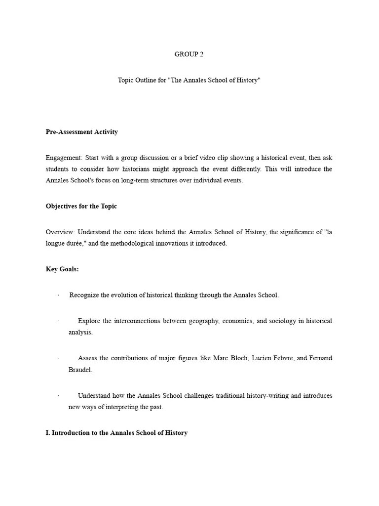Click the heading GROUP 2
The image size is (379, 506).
coord(189,54)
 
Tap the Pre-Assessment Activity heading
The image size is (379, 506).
coord(81,132)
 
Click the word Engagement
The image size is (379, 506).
coord(64,158)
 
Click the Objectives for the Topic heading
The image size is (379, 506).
coord(81,206)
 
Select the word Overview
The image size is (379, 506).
coord(60,232)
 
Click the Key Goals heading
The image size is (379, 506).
coord(62,269)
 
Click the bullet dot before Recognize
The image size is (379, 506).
coord(58,295)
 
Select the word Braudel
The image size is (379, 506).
coord(80,370)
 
